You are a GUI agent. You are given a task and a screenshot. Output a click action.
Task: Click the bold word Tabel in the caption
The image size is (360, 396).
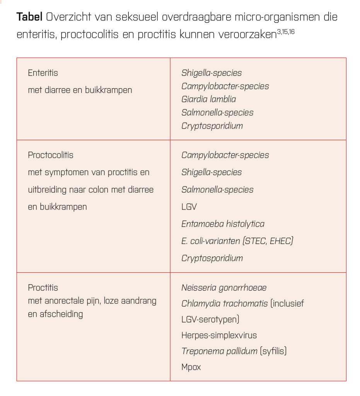pos(29,17)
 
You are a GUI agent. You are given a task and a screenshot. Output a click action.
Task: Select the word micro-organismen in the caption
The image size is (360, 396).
pos(256,17)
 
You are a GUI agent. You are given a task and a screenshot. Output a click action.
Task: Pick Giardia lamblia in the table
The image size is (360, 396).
pos(208,99)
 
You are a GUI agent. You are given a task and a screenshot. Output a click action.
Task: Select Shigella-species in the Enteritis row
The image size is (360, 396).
pos(212,73)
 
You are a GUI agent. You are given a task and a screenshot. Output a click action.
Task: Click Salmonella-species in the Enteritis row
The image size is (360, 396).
pos(217,113)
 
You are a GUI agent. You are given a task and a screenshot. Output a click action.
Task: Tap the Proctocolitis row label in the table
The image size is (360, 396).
pos(51,155)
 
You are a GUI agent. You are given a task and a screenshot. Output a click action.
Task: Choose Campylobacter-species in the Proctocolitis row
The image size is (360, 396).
pos(225,155)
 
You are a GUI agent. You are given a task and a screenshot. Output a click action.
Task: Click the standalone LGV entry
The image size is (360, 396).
pos(189,207)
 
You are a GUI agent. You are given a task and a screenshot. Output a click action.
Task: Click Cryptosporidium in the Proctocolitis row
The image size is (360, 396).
pos(212,258)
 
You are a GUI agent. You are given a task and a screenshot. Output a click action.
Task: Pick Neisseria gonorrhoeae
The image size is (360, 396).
pos(224,288)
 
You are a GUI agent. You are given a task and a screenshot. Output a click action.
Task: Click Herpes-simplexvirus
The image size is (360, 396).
pos(219,335)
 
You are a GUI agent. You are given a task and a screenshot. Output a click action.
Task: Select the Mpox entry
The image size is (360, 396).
pos(191,367)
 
